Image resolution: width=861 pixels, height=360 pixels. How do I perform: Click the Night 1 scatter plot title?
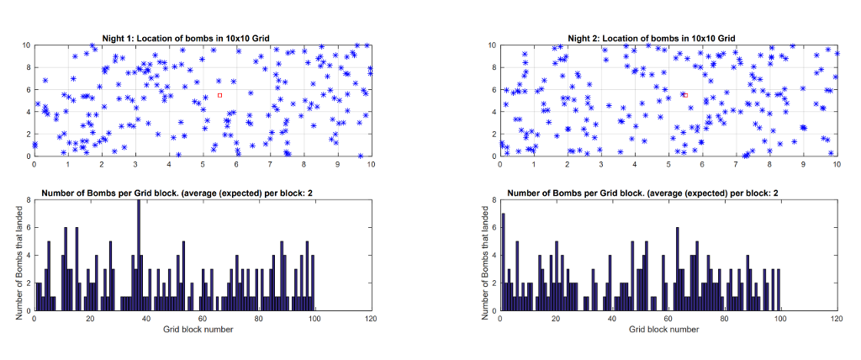click(185, 38)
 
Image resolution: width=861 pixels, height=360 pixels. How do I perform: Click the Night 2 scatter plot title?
click(652, 38)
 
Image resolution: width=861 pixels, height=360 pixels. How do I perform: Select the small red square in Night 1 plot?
click(219, 95)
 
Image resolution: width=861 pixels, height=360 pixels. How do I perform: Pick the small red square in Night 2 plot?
click(685, 95)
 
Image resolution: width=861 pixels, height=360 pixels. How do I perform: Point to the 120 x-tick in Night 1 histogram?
click(371, 320)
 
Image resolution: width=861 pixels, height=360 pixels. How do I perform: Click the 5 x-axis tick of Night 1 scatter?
click(203, 164)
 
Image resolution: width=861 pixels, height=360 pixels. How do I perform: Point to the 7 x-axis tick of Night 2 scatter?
click(736, 164)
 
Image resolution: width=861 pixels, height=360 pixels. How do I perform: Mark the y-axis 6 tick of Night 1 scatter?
click(28, 90)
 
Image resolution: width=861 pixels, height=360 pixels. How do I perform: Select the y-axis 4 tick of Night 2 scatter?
click(494, 112)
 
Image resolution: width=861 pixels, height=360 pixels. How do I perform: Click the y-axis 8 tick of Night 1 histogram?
click(28, 200)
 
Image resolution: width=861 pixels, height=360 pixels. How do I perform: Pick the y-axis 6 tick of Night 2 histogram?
click(494, 228)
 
